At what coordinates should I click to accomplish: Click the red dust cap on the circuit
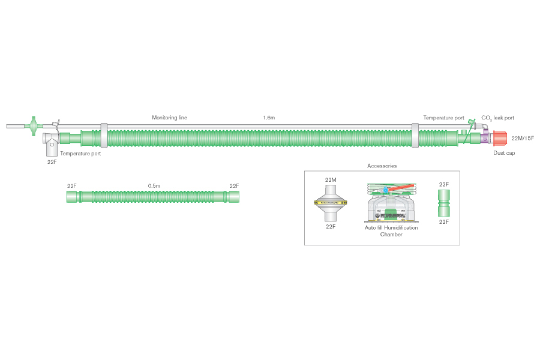click(500, 139)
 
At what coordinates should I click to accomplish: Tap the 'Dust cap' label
click(503, 153)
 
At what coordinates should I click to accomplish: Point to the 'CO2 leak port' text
click(497, 118)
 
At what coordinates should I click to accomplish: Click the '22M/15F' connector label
click(522, 139)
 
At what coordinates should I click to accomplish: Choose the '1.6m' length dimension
click(269, 118)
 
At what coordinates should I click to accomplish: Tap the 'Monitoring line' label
click(169, 118)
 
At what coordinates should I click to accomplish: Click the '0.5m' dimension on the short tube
click(154, 186)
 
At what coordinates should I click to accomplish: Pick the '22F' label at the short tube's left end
click(71, 186)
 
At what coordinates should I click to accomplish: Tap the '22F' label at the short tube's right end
click(234, 186)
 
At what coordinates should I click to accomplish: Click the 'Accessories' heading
click(382, 166)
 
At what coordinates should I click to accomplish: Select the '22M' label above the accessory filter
click(331, 179)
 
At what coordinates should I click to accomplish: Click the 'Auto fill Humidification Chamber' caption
click(391, 231)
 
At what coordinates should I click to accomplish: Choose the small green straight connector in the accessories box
click(444, 203)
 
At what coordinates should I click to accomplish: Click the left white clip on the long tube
click(104, 136)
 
